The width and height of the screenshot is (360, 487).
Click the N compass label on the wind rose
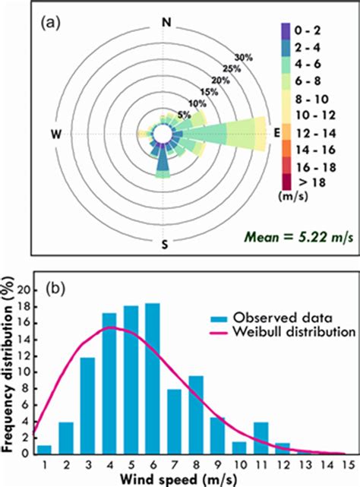(166, 23)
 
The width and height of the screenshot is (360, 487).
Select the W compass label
(55, 134)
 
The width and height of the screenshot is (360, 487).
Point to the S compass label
(166, 245)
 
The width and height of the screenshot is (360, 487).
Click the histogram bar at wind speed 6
(153, 368)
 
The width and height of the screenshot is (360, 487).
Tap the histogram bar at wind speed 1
(44, 449)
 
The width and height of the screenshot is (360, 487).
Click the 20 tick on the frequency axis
(28, 290)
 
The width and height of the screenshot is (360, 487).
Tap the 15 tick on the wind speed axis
(347, 464)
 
